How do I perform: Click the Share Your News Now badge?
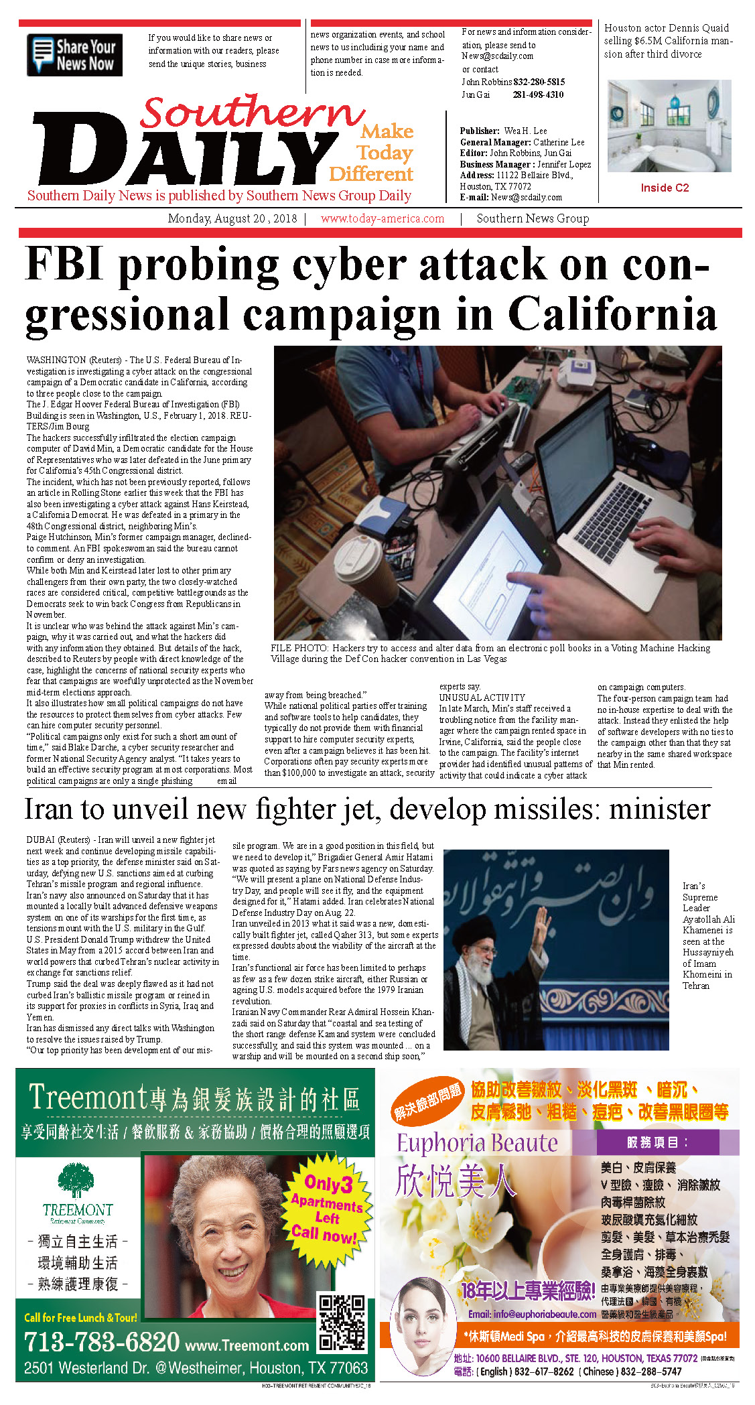click(74, 55)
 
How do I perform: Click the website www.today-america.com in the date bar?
click(382, 218)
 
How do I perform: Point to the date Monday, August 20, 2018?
click(232, 218)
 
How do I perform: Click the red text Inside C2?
click(664, 188)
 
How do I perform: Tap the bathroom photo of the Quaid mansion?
click(669, 126)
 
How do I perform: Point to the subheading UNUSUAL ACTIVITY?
click(482, 697)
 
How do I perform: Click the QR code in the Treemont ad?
click(342, 1323)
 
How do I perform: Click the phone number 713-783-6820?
click(102, 1342)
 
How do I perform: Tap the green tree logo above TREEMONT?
click(76, 1181)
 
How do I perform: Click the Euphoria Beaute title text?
click(477, 1143)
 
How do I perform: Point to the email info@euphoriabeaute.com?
click(532, 1314)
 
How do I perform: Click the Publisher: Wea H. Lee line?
click(503, 131)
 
